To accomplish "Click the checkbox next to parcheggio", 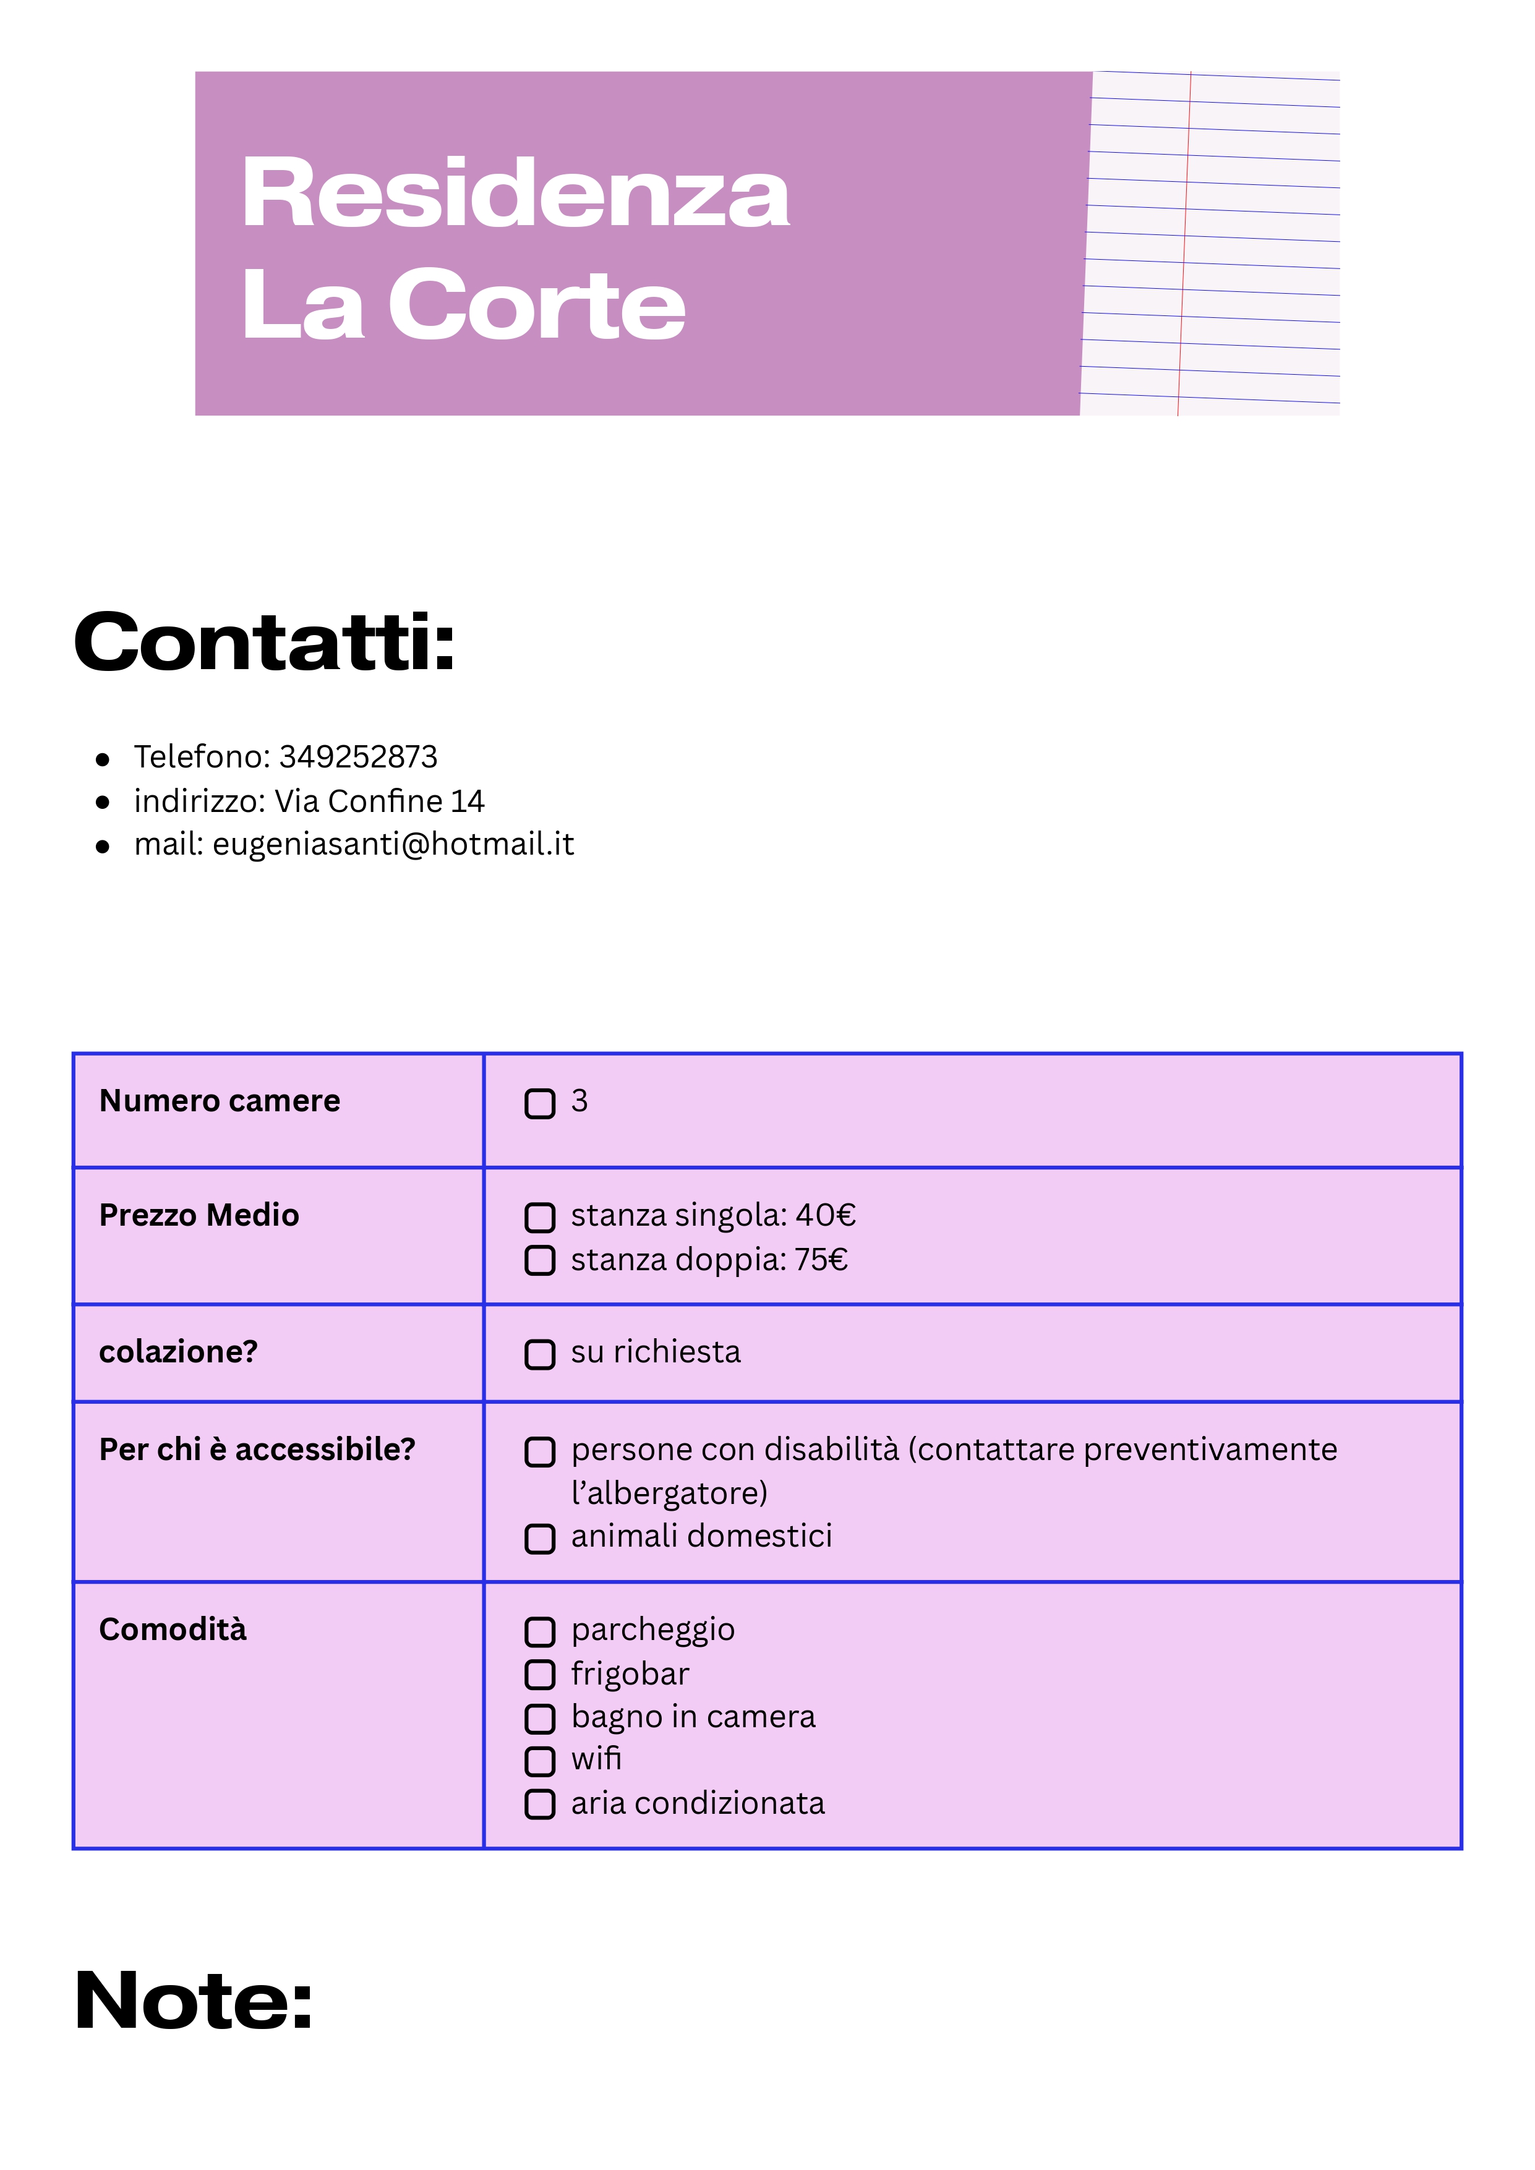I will tap(540, 1631).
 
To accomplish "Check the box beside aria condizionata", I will tap(540, 1805).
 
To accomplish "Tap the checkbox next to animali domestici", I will tap(540, 1539).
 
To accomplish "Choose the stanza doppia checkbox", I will tap(540, 1261).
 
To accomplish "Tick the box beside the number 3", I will tap(540, 1103).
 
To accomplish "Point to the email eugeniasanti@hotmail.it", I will tap(393, 844).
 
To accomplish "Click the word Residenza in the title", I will tap(515, 194).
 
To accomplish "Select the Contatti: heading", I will tap(265, 643).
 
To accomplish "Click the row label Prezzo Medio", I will tap(199, 1215).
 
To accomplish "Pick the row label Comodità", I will tap(173, 1630).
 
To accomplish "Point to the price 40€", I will tap(825, 1215).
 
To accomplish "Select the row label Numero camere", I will tap(220, 1101).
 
